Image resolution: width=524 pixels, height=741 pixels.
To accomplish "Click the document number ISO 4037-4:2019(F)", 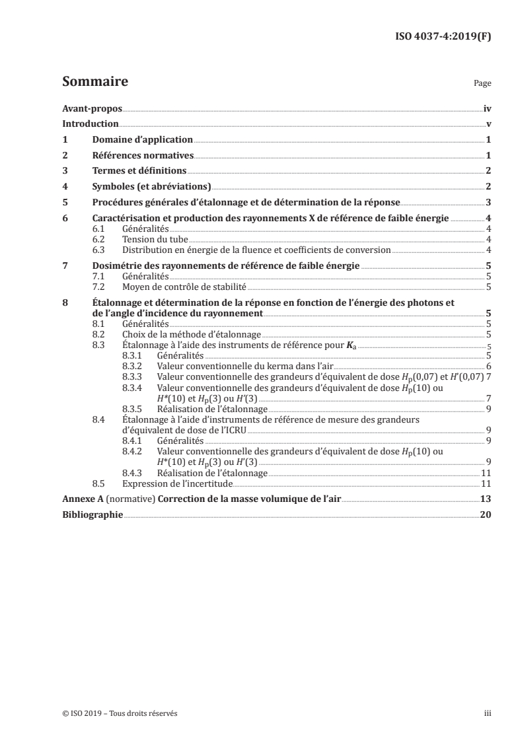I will tap(443, 36).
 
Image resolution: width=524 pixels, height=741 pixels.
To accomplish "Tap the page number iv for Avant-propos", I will tap(487, 108).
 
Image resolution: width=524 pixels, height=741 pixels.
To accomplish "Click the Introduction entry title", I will tap(90, 124).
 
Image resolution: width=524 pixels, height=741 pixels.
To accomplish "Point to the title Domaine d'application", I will tap(142, 140).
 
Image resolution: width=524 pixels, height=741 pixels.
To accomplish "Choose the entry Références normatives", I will tap(142, 156).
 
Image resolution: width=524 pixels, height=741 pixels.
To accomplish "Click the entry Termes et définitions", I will tap(139, 172).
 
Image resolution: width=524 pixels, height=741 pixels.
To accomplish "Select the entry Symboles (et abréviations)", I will tap(151, 187).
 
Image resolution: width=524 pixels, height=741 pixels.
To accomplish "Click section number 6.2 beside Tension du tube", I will tap(100, 239).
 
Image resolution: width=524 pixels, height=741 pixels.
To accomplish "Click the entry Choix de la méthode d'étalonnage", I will tap(192, 335).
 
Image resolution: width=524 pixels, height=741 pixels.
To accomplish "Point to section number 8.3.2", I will tap(134, 366).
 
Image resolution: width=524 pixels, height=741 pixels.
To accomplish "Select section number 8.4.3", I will tap(134, 473).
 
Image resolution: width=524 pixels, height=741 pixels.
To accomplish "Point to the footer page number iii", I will tap(488, 713).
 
